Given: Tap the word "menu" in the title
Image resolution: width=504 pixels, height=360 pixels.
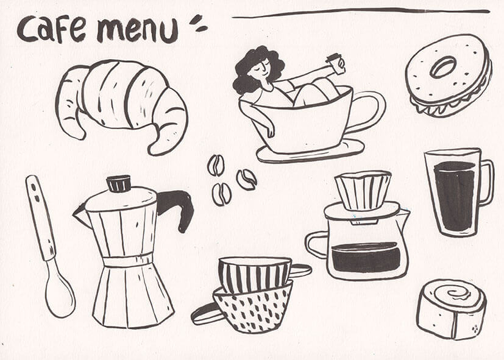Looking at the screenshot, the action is [x=137, y=30].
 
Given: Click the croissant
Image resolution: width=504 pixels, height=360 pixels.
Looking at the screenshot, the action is [x=122, y=104].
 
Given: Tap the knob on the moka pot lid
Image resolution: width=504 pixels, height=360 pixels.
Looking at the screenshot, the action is [x=119, y=183].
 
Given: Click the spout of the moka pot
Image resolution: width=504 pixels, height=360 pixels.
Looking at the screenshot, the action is [x=80, y=215].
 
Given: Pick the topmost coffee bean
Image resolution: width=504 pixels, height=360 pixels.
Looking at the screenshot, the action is [x=216, y=165].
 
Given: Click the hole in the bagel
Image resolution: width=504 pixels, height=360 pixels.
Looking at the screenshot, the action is [x=443, y=67].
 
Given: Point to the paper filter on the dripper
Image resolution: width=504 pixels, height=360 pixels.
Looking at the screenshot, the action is [x=363, y=190].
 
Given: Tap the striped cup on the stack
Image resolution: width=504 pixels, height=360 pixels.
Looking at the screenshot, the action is [x=255, y=274].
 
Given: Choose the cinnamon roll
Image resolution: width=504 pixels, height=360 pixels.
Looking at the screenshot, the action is [x=452, y=309].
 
